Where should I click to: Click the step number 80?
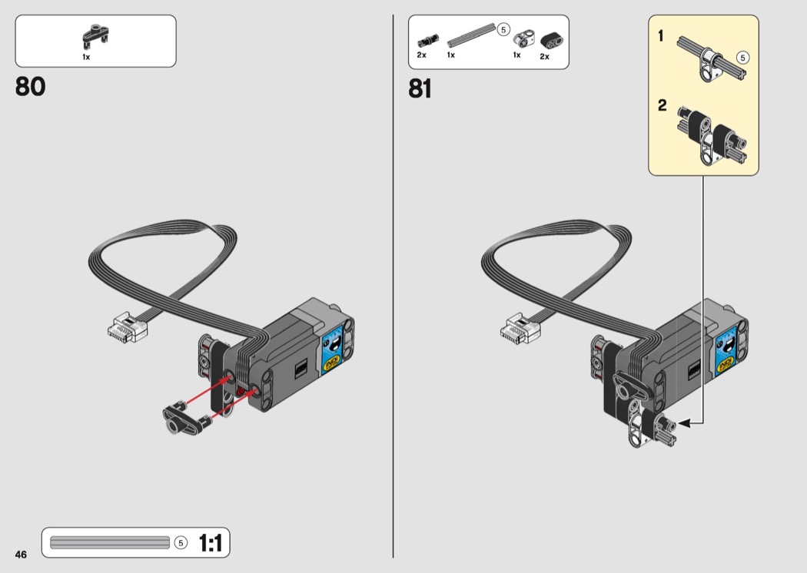point(31,87)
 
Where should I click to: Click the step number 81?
point(420,88)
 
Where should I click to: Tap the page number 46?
point(21,554)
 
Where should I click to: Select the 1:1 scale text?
point(210,542)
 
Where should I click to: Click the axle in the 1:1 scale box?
point(110,542)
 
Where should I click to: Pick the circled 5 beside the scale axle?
point(181,542)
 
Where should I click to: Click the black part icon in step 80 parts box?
point(96,35)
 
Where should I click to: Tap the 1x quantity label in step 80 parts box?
point(86,57)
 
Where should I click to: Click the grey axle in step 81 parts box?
point(471,36)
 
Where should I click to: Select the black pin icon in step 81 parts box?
point(427,40)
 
